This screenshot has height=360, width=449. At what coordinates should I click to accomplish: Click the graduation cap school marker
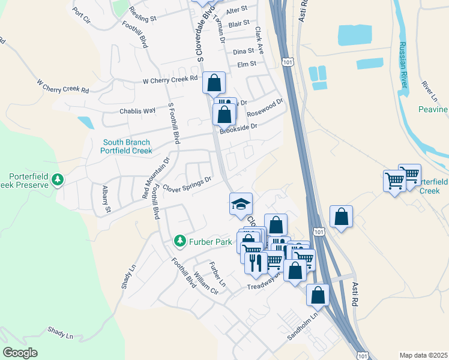241,203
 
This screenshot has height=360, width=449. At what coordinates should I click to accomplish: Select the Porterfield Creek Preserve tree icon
58,180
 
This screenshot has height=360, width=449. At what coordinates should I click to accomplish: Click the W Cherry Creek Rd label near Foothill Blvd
170,80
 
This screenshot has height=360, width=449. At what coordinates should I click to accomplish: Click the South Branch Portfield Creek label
127,146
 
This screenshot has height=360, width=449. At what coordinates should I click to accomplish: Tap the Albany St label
106,199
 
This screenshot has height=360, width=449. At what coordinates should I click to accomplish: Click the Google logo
20,353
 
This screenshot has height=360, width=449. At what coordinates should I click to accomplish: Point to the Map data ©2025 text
423,355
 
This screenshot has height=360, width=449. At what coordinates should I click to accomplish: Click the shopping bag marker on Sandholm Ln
318,295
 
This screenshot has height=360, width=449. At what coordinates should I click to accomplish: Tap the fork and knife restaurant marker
256,262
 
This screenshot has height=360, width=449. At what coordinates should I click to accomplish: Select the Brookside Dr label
238,128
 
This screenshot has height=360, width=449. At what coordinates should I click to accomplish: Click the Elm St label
247,64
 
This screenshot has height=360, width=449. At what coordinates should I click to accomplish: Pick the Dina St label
244,52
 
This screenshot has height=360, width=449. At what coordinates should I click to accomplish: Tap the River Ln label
430,91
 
